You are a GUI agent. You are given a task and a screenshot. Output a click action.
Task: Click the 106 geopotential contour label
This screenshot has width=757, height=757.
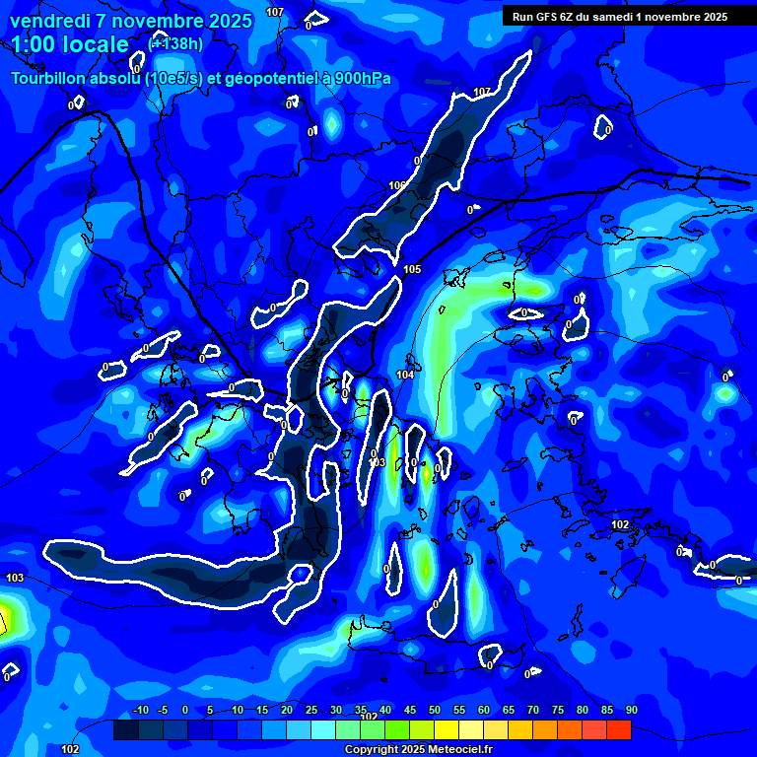point(397,185)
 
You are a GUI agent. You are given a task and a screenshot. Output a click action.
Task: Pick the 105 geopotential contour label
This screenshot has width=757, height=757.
point(412,269)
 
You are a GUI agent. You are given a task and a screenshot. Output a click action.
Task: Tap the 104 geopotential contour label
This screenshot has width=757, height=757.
point(405,375)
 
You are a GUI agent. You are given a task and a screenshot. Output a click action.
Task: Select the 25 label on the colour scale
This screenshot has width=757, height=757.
point(310,711)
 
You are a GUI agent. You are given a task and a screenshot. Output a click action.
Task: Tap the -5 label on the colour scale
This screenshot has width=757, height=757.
point(163,711)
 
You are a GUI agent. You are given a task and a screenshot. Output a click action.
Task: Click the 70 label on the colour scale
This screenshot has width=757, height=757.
point(532,711)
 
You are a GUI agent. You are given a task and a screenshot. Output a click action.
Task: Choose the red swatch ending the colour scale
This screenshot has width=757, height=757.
point(618,729)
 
